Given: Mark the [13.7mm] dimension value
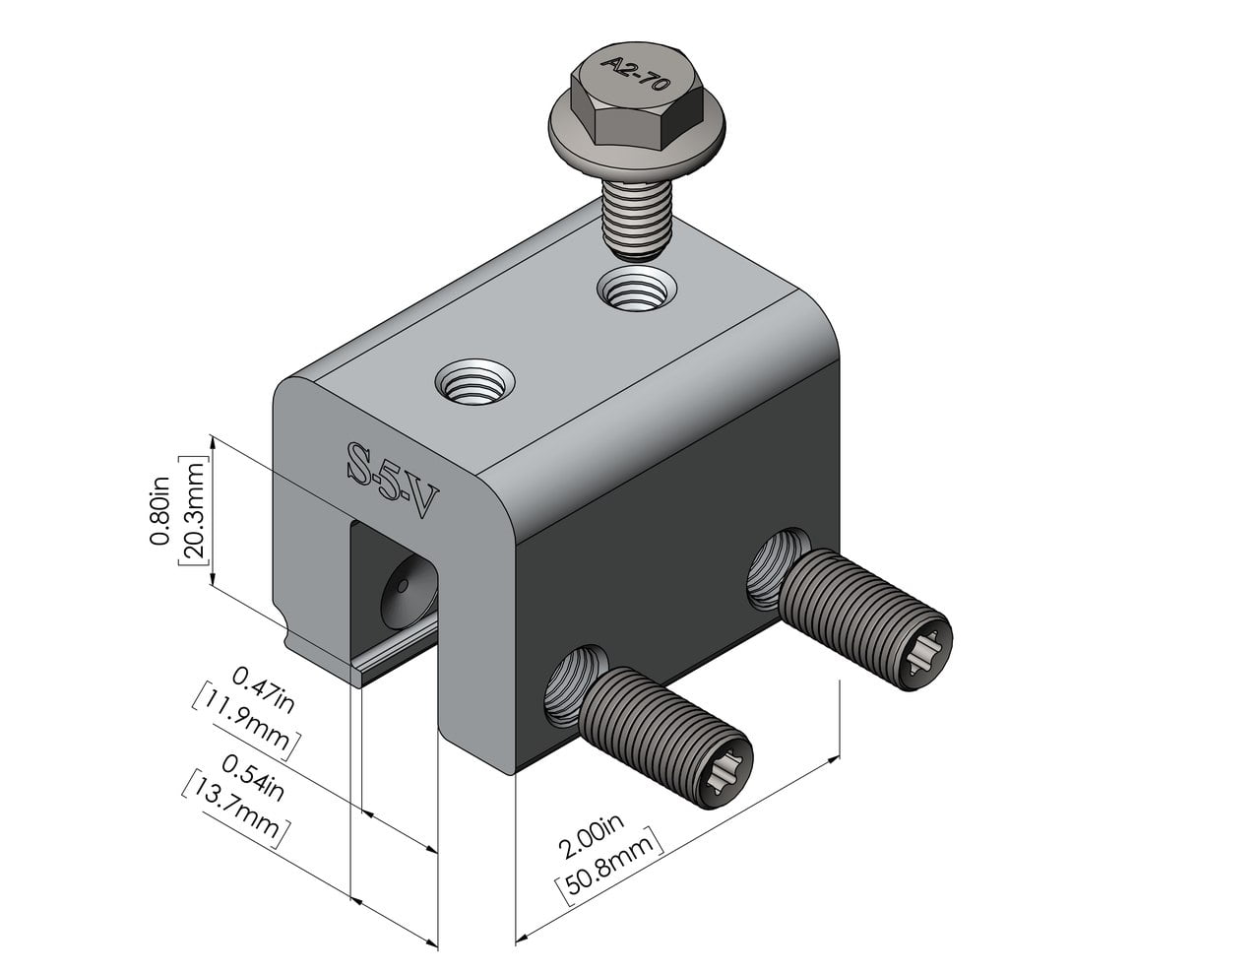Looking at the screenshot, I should [236, 809].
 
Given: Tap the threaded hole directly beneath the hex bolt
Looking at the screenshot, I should [637, 292].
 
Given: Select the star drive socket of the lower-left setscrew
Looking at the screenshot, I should [729, 769].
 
